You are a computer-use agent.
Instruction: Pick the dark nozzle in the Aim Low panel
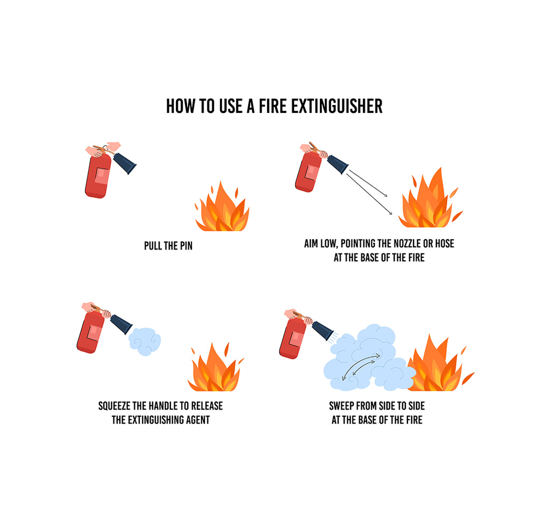click(338, 163)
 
